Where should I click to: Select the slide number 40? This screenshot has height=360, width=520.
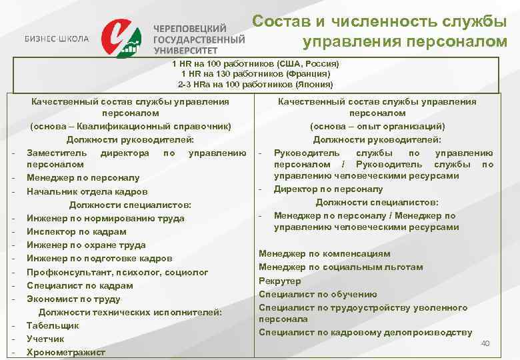[x=485, y=343]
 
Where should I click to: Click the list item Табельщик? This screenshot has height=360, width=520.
[x=53, y=325]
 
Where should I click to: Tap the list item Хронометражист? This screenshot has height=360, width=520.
[x=66, y=352]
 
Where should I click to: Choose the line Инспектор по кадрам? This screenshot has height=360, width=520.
[x=76, y=231]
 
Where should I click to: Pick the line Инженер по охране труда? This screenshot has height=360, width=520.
[x=86, y=245]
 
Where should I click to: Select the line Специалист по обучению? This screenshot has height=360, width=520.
[x=318, y=294]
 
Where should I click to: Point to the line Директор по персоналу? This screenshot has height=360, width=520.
[x=328, y=189]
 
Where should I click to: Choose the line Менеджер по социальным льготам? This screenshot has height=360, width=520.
[x=341, y=267]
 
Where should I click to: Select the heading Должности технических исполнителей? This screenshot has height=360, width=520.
[x=130, y=312]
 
